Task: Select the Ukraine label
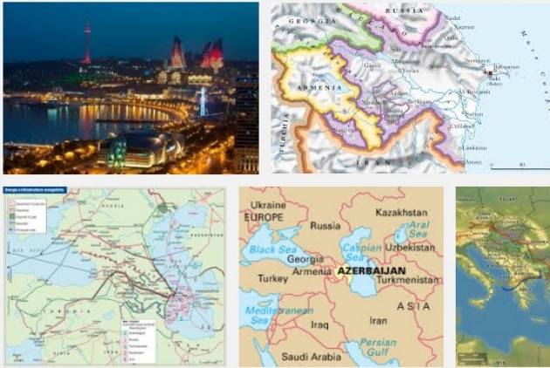(265, 201)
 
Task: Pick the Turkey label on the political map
(273, 279)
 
